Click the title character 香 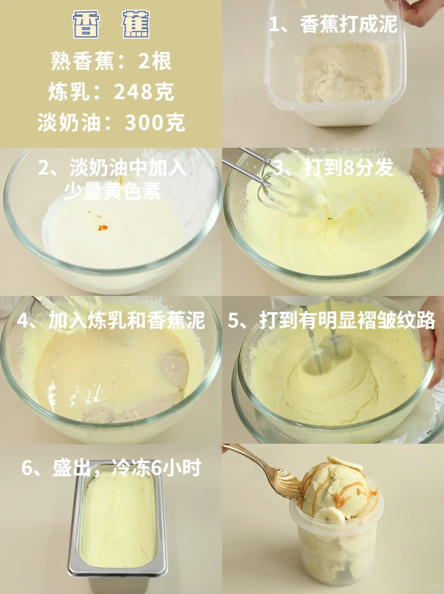click(86, 25)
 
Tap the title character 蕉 click(136, 25)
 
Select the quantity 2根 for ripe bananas click(155, 61)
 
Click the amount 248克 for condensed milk click(144, 92)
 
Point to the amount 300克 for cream click(155, 122)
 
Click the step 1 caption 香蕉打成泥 click(349, 24)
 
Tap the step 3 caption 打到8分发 click(349, 168)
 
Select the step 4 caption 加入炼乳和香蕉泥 click(127, 321)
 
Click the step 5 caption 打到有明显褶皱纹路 click(347, 320)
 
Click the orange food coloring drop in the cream click(103, 228)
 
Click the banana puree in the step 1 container click(344, 72)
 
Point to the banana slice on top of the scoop click(345, 463)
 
